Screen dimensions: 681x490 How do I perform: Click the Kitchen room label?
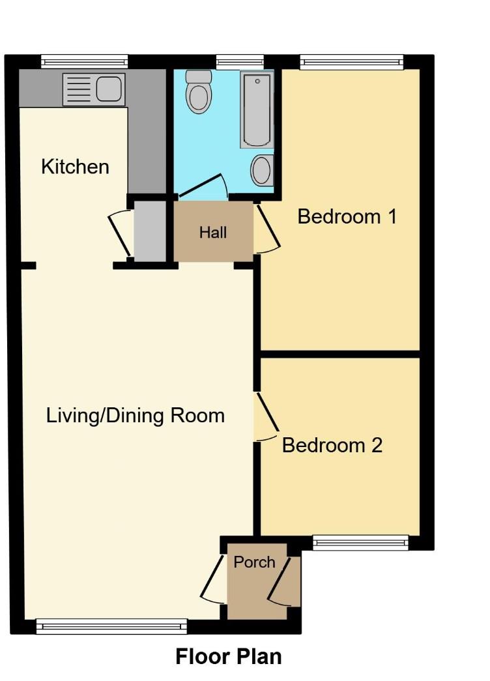coord(75,167)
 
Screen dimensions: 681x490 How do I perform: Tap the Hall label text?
coord(213,232)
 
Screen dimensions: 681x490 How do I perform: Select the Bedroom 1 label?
coord(347,216)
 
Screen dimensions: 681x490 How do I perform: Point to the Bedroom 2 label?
coord(332,446)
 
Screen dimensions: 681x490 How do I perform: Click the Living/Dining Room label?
coord(136,415)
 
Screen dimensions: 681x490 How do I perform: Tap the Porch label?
coord(254,562)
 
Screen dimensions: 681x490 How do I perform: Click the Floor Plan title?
coord(229,656)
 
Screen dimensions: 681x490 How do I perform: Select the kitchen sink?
coord(93,89)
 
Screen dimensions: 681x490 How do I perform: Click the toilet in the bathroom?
coord(198,91)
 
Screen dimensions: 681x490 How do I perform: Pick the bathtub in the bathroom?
coord(256,109)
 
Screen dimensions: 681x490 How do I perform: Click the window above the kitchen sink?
coord(84,62)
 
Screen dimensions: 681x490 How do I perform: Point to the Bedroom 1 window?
coord(352,63)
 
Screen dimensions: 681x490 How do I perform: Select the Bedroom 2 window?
coord(360,542)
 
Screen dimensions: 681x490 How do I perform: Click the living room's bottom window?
coord(111,627)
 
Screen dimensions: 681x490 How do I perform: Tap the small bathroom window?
coord(240,63)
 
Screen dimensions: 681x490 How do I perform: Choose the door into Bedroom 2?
coord(267,417)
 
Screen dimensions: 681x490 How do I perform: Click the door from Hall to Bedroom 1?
coord(267,228)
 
